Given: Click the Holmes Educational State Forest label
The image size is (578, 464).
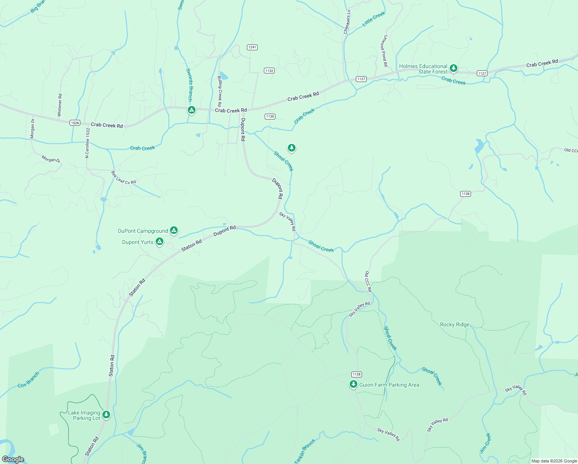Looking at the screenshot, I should pyautogui.click(x=423, y=69).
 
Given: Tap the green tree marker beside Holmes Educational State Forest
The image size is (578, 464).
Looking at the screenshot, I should pyautogui.click(x=454, y=68).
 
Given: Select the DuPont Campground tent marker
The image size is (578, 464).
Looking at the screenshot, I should pyautogui.click(x=174, y=230).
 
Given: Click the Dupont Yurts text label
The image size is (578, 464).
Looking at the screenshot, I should pyautogui.click(x=138, y=242).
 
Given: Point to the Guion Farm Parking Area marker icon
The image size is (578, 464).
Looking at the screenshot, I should pyautogui.click(x=353, y=384).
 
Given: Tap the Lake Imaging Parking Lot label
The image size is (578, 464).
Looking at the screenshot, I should pyautogui.click(x=84, y=415).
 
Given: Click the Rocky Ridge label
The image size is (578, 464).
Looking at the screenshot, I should pyautogui.click(x=455, y=324).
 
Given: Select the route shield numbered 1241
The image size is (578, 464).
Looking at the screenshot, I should pyautogui.click(x=252, y=47).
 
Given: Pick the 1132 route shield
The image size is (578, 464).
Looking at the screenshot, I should pyautogui.click(x=269, y=70).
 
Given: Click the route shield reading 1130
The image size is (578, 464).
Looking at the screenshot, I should pyautogui.click(x=270, y=116).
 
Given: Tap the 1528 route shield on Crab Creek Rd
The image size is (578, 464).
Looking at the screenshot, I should pyautogui.click(x=75, y=123).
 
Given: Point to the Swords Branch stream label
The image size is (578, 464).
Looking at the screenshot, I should pyautogui.click(x=189, y=85).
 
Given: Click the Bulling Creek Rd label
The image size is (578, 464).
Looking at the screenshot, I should pyautogui.click(x=219, y=91).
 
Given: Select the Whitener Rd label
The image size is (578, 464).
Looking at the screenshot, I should pyautogui.click(x=59, y=105).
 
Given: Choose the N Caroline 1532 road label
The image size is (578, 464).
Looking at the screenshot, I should pyautogui.click(x=87, y=143).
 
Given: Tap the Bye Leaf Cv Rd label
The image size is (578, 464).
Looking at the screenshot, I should pyautogui.click(x=124, y=177).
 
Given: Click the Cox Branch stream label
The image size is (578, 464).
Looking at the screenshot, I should pyautogui.click(x=29, y=380).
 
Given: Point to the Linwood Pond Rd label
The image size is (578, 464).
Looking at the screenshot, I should pyautogui.click(x=384, y=51).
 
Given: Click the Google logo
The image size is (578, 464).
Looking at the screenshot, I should pyautogui.click(x=13, y=459).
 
